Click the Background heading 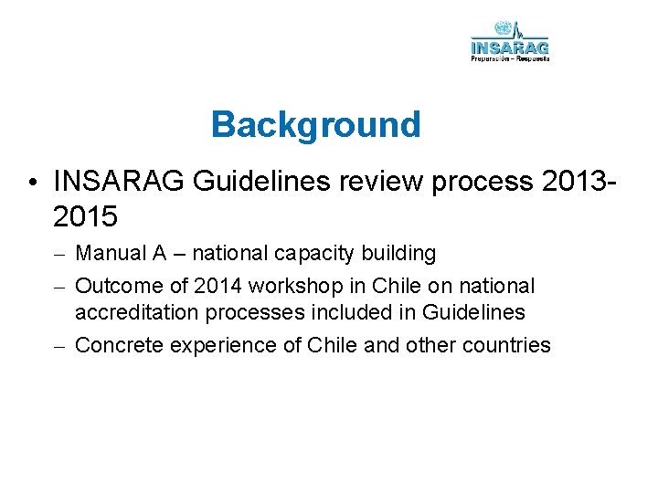(x=315, y=124)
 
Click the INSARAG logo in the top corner (x=510, y=41)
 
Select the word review (x=387, y=182)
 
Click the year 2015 (x=86, y=216)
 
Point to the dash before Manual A (x=59, y=253)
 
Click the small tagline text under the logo (x=510, y=58)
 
